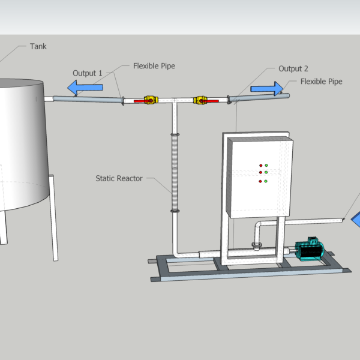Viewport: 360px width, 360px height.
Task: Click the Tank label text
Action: click(38, 46)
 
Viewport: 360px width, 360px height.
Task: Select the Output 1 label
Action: click(87, 73)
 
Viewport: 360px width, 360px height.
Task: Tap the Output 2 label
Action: click(293, 68)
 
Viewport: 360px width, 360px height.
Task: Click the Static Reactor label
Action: click(119, 178)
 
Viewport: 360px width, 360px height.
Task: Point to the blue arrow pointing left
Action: click(85, 88)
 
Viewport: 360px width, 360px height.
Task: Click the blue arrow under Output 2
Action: click(267, 89)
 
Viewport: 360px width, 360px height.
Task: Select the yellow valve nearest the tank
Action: click(151, 100)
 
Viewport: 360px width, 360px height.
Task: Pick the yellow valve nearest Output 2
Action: click(200, 100)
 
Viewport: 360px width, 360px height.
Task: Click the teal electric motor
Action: click(310, 249)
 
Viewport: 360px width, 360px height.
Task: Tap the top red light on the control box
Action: click(261, 166)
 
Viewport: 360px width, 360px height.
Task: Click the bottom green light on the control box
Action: click(266, 181)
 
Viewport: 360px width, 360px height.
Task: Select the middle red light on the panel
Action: click(260, 172)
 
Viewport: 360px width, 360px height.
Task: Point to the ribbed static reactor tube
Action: click(175, 173)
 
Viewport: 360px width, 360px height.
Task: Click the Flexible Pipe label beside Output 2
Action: click(321, 82)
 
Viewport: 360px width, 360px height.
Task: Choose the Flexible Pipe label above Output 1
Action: click(154, 66)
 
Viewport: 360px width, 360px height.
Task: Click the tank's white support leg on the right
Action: click(53, 218)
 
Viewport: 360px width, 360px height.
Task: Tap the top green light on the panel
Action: click(266, 166)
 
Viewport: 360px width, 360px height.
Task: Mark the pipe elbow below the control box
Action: click(257, 226)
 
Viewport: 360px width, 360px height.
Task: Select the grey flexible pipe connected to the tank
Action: click(88, 100)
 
